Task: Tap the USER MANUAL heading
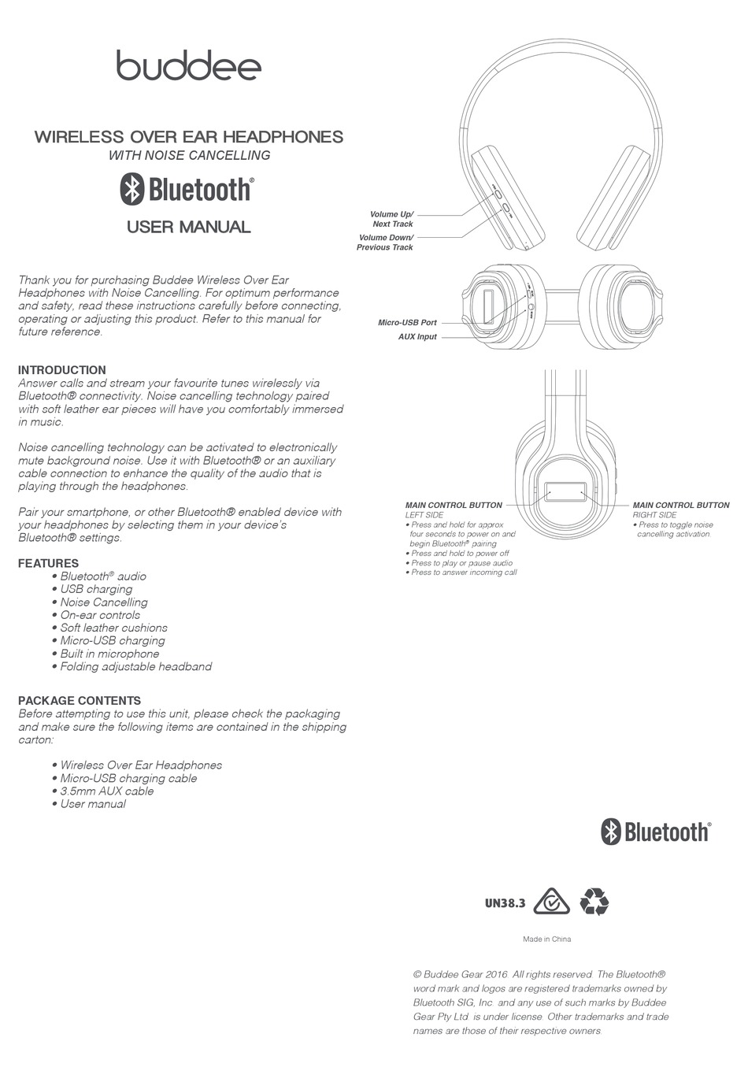(189, 227)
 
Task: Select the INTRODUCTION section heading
(62, 370)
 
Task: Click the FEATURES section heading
(49, 563)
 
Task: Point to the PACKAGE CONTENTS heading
(80, 700)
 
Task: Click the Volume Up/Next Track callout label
(391, 219)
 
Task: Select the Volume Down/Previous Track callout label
(385, 243)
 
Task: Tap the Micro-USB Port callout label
(407, 322)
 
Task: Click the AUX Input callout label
(417, 337)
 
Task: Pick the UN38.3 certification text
(505, 903)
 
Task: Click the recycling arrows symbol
(594, 902)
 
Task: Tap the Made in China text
(547, 939)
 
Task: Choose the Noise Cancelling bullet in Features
(104, 602)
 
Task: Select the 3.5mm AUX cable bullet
(107, 791)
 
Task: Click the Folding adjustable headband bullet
(136, 666)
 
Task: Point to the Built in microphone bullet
(109, 654)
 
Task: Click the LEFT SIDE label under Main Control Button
(424, 515)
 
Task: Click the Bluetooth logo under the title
(187, 190)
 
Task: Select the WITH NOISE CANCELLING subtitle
(189, 155)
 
